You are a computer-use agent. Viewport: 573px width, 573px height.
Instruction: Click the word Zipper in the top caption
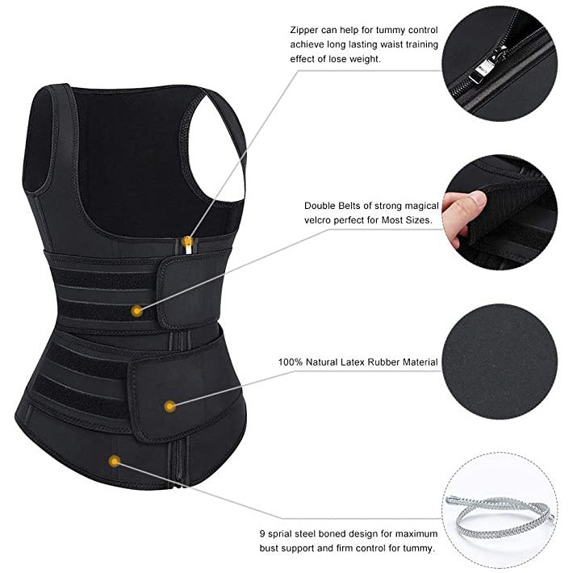click(304, 31)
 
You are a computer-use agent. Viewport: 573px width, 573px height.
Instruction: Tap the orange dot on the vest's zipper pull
click(188, 240)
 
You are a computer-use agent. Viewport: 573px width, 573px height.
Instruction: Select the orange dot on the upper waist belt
click(136, 311)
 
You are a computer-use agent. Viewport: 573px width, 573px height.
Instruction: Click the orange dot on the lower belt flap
click(169, 406)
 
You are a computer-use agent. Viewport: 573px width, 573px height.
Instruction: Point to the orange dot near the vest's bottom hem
click(115, 461)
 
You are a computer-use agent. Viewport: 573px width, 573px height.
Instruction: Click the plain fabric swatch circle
click(500, 362)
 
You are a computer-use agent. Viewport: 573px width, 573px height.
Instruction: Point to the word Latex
click(353, 362)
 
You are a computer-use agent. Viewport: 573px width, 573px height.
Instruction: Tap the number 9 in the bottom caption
click(262, 534)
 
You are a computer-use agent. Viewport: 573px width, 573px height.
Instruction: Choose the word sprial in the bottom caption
click(280, 534)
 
